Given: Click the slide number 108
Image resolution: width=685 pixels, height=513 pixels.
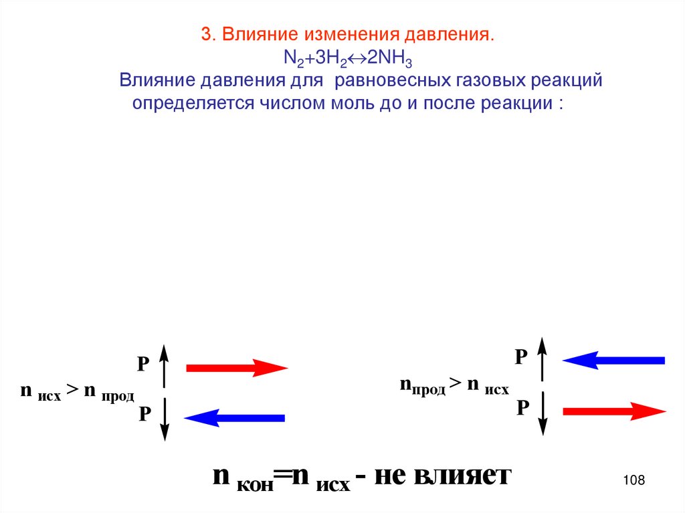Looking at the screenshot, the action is (633, 480).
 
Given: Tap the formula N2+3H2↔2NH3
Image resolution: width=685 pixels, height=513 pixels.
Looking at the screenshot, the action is (347, 59).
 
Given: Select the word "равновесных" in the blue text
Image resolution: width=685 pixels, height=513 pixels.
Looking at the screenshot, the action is (391, 81).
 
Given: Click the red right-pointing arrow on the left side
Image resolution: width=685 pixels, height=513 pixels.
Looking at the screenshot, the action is (236, 367).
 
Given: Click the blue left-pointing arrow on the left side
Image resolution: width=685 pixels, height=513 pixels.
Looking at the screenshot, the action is (235, 418).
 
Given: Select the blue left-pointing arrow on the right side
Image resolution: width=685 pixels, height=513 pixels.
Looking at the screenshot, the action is (613, 361).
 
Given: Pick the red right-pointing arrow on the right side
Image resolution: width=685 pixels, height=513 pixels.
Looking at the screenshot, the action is (613, 411).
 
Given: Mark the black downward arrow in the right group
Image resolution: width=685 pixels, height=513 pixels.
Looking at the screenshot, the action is (543, 413).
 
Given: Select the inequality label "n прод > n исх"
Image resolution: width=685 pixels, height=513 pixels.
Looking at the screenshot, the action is (454, 385).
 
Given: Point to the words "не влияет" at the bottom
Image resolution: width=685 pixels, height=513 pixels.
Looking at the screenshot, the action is (442, 476).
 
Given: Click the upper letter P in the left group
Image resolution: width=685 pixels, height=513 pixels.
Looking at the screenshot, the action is (142, 365).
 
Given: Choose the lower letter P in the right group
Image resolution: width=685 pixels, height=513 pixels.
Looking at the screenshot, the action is (522, 407).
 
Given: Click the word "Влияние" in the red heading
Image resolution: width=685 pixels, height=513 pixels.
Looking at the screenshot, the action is (259, 34).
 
